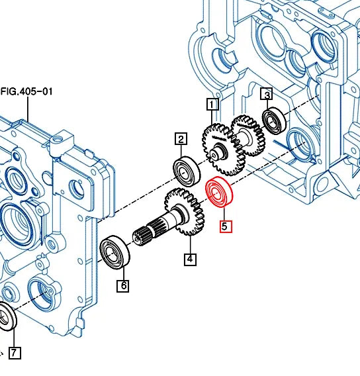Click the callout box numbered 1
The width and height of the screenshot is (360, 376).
click(212, 104)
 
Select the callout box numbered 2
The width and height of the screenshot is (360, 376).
click(181, 139)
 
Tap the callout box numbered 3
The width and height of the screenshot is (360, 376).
click(267, 95)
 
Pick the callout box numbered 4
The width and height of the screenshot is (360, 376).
click(190, 259)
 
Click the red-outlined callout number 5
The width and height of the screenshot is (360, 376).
click(225, 226)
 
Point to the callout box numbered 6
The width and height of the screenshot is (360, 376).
click(123, 286)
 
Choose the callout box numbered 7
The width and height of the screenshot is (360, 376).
click(15, 353)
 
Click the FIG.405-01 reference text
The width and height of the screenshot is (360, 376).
click(26, 92)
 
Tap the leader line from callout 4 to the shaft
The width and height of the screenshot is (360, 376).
click(189, 245)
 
